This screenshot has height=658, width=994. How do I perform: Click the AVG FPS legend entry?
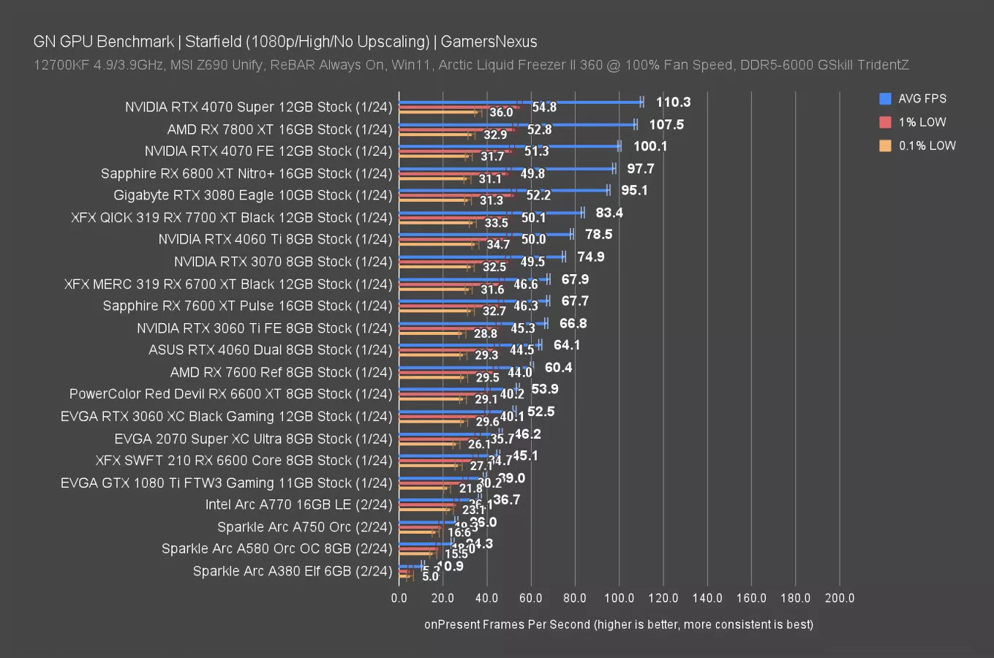922,99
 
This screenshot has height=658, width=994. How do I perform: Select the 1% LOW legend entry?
922,122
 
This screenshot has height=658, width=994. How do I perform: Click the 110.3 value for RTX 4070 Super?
673,102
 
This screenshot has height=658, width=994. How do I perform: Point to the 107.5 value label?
666,124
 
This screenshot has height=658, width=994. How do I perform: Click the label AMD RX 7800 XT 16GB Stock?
279,129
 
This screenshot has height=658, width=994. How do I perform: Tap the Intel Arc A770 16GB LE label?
298,504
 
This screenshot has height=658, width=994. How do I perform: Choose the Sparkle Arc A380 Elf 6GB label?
293,571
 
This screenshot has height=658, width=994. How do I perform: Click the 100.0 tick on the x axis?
619,598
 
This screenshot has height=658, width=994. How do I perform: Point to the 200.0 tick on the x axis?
839,598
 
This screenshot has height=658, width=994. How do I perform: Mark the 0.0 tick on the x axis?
399,598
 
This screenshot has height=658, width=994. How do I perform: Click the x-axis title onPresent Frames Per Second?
618,624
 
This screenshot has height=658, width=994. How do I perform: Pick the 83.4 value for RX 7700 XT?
609,213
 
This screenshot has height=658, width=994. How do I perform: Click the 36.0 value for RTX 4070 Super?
501,113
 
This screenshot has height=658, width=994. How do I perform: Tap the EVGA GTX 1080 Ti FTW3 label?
227,483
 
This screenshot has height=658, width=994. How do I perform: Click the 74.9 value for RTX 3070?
590,257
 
